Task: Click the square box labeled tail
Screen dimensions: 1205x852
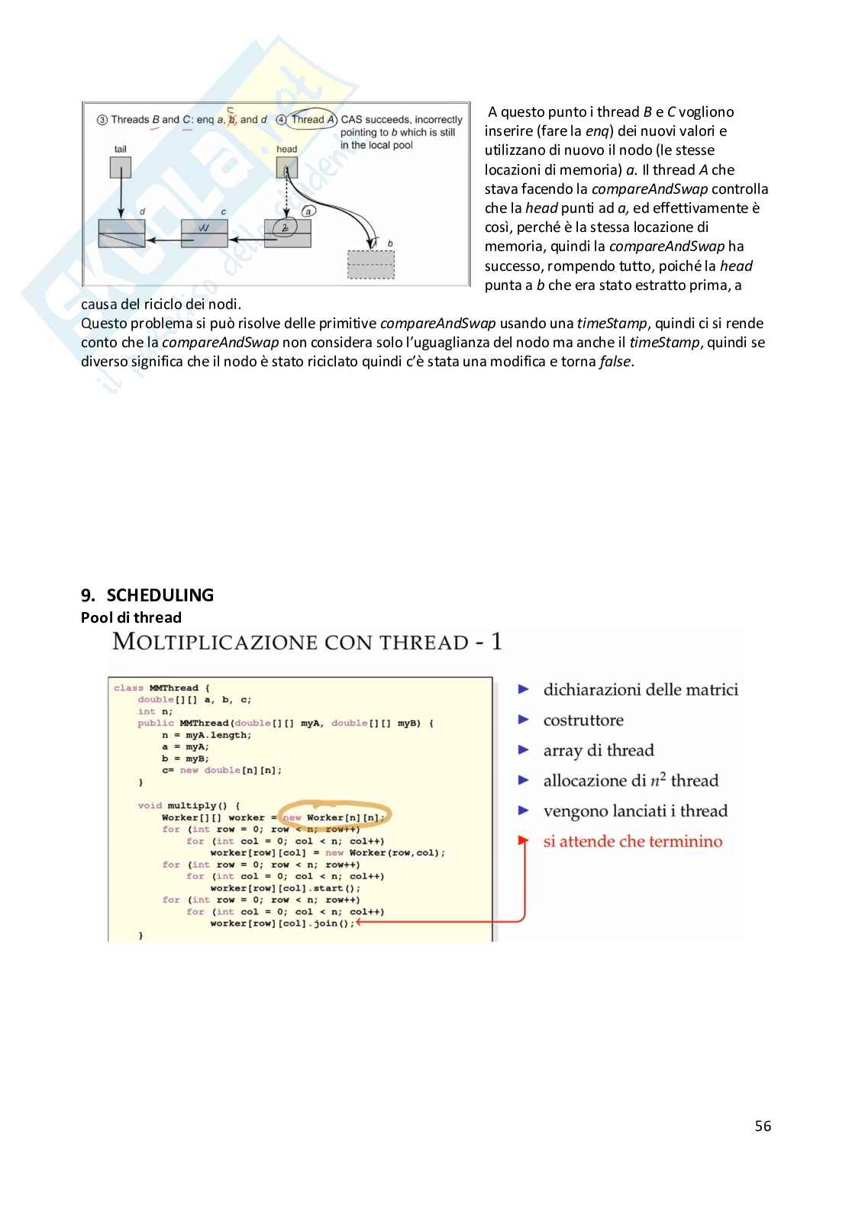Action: pos(121,167)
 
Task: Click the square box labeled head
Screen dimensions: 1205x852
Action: pos(286,167)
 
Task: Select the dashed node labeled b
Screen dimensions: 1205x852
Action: pos(371,264)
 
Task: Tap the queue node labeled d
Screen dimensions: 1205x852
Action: pos(121,234)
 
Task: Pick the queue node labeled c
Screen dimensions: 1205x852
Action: pos(204,234)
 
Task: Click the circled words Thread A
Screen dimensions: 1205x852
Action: pos(313,119)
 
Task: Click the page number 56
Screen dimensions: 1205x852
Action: pos(763,1126)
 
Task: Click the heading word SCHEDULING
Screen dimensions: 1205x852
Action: pos(160,595)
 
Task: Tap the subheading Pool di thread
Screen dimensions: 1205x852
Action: pos(131,617)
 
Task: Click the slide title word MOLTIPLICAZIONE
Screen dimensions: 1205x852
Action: pos(214,641)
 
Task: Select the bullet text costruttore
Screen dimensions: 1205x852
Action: pos(583,720)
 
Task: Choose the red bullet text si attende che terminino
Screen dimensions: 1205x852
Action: pos(632,842)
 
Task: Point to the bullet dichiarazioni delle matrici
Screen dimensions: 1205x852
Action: pos(641,690)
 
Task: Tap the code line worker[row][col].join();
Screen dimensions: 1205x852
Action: pos(282,923)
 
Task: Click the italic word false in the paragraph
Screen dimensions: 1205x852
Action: pos(615,362)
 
